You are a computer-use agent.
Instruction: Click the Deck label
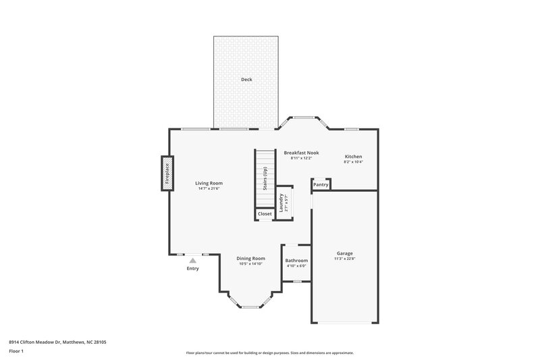[246, 80]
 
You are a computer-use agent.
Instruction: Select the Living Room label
[209, 183]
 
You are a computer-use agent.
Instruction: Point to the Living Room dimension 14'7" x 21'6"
[209, 189]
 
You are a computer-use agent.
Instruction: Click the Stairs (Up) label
[265, 179]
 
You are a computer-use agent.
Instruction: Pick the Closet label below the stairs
[265, 214]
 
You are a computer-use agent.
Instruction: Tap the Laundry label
[281, 203]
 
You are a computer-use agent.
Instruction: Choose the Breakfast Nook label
[301, 153]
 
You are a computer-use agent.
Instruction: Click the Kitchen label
[354, 156]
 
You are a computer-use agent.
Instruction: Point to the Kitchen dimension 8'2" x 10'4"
[354, 162]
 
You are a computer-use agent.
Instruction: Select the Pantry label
[321, 184]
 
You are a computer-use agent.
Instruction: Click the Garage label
[344, 253]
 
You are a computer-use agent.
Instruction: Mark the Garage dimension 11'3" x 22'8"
[344, 259]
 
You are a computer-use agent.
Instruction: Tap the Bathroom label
[296, 260]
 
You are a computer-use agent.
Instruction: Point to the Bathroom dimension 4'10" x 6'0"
[296, 266]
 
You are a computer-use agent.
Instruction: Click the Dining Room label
[250, 258]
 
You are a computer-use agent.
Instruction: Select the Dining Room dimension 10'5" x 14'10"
[250, 264]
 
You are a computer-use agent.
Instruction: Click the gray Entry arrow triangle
[193, 260]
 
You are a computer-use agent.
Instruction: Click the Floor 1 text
[16, 352]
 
